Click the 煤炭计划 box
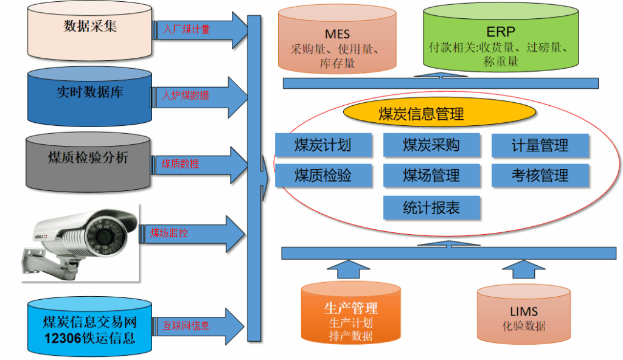pos(322,145)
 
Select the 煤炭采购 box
pos(431,145)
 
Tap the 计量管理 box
pos(540,145)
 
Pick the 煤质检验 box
pos(322,176)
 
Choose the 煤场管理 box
pos(431,176)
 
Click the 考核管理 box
pos(540,176)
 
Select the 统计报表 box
pos(431,208)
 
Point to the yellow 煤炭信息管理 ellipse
pos(421,114)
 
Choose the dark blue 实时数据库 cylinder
pos(89,94)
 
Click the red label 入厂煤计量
pos(187,29)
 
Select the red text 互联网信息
pos(186,326)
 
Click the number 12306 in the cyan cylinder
pos(62,338)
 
